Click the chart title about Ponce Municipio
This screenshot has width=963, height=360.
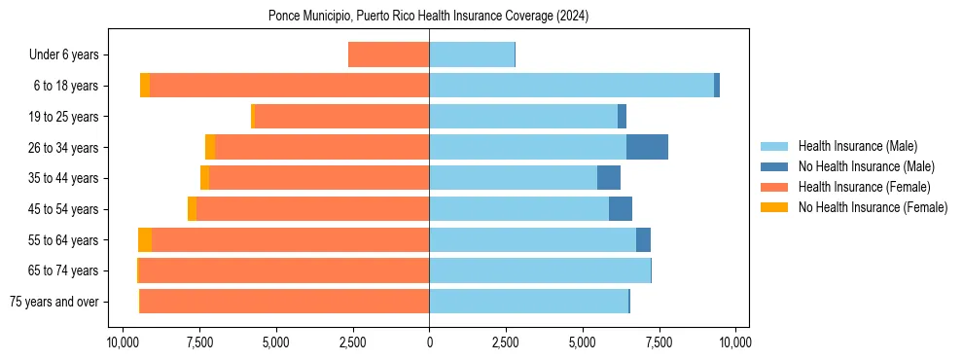tap(428, 16)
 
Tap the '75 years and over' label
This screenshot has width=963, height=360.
tap(53, 302)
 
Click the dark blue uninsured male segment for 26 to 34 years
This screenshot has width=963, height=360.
tap(647, 147)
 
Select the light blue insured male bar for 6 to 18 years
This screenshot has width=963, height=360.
tap(571, 86)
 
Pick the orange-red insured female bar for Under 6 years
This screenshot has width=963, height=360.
tap(388, 54)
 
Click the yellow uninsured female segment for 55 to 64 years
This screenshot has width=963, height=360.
tap(145, 239)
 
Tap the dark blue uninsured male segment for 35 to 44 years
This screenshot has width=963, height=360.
tap(609, 178)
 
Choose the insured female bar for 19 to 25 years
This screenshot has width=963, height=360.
tap(341, 116)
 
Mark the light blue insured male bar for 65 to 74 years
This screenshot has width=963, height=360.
tap(540, 270)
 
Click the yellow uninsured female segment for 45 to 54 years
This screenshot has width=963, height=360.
tap(192, 209)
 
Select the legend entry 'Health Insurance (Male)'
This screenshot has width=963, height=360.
tap(857, 147)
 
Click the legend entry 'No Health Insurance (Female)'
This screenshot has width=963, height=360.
tap(873, 207)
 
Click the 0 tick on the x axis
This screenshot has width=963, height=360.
tap(429, 342)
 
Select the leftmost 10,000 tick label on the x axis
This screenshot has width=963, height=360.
tap(123, 342)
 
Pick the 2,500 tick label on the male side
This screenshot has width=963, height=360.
tap(506, 342)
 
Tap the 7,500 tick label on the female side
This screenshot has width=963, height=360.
tap(199, 342)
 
